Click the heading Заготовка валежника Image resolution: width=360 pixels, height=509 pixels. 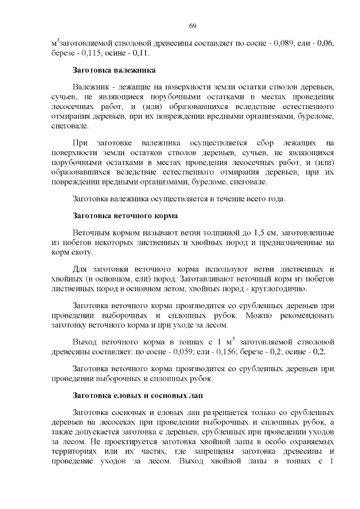pyautogui.click(x=114, y=71)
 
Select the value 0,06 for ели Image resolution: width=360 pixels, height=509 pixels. pyautogui.click(x=327, y=42)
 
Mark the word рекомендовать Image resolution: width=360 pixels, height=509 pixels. pyautogui.click(x=304, y=315)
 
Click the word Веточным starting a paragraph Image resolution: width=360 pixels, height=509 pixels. pyautogui.click(x=92, y=233)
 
